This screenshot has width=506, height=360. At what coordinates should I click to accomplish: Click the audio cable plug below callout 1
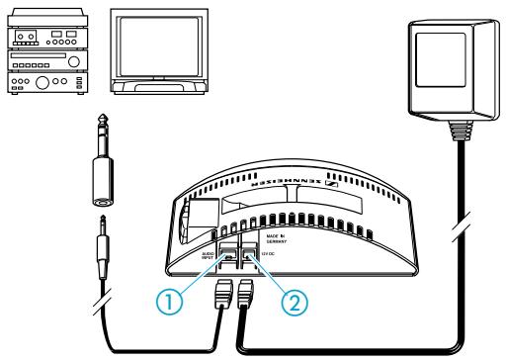(x=223, y=295)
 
